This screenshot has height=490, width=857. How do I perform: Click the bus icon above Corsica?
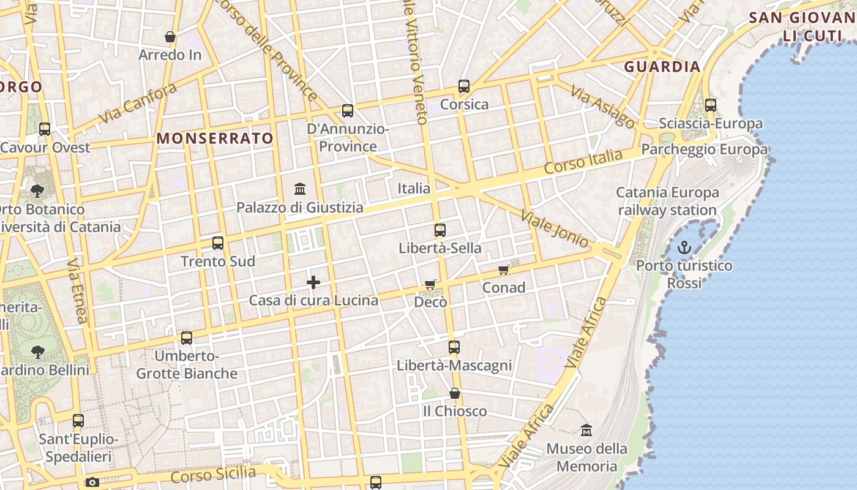tap(464, 86)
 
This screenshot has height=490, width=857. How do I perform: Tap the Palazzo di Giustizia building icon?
tap(300, 189)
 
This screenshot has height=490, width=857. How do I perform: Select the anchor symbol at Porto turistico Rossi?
tap(684, 247)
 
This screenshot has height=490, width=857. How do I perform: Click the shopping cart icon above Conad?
tap(503, 269)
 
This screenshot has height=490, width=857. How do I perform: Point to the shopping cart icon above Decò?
tap(430, 284)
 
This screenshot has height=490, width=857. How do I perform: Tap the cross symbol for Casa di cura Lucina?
tap(313, 282)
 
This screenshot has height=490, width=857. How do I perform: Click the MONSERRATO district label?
tap(215, 138)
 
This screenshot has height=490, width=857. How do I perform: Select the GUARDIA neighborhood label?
tap(662, 67)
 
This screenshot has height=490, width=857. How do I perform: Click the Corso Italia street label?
tap(583, 160)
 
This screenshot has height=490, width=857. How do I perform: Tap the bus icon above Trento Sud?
tap(218, 243)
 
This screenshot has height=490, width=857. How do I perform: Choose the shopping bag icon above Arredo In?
tap(170, 37)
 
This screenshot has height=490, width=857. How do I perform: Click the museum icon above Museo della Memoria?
tap(586, 430)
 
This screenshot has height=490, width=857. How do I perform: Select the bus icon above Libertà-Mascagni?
tap(454, 347)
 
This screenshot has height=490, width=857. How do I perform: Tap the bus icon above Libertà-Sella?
tap(440, 230)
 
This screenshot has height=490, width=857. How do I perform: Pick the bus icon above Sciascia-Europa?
tap(711, 105)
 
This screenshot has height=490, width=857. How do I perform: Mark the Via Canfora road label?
tap(137, 103)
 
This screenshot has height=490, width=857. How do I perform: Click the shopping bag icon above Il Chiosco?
tap(454, 393)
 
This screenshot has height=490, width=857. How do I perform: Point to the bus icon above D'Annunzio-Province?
tap(348, 111)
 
